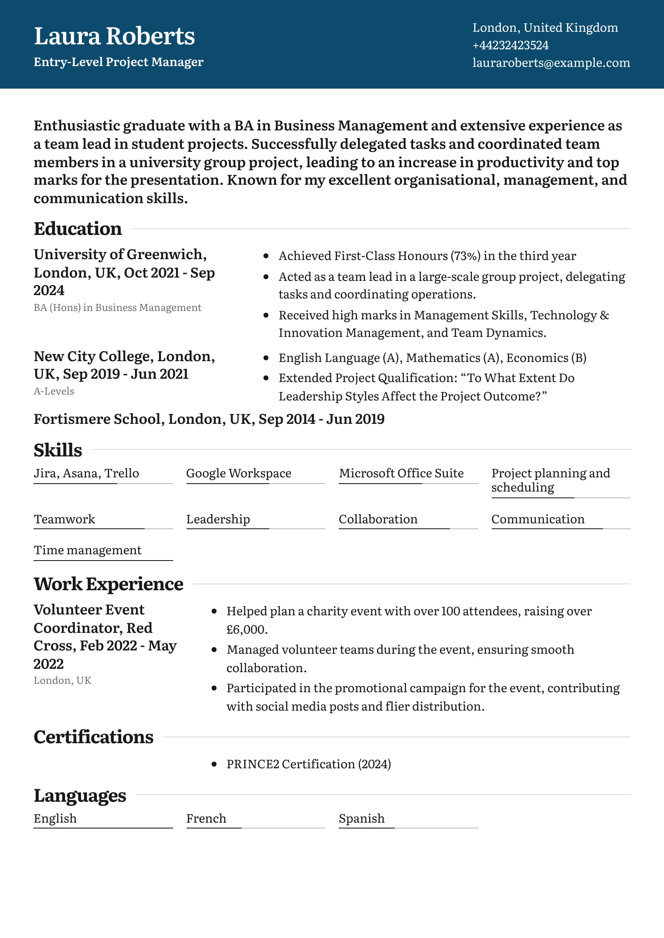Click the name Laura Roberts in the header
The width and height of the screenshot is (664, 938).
click(114, 36)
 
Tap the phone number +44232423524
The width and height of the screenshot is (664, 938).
click(510, 45)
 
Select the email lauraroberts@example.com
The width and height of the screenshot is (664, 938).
click(551, 63)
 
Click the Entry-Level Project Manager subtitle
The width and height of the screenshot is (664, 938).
click(118, 62)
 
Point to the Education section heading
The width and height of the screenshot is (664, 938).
click(78, 229)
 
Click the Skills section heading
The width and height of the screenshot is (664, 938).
click(58, 450)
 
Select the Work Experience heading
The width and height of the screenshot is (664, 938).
click(108, 584)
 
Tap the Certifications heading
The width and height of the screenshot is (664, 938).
click(93, 737)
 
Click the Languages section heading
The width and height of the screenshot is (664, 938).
click(80, 795)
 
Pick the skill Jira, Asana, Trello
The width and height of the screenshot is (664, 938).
click(86, 473)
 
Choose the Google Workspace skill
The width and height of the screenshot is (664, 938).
click(238, 473)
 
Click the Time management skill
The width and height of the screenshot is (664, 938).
click(87, 550)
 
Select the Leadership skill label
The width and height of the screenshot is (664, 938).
click(218, 519)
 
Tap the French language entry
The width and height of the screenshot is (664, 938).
click(206, 818)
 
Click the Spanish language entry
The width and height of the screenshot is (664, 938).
click(361, 818)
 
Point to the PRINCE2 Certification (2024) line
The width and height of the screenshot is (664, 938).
click(309, 764)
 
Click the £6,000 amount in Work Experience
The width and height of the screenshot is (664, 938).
click(246, 630)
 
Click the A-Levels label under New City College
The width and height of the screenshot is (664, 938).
click(54, 391)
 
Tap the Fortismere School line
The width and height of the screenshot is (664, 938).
click(209, 419)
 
